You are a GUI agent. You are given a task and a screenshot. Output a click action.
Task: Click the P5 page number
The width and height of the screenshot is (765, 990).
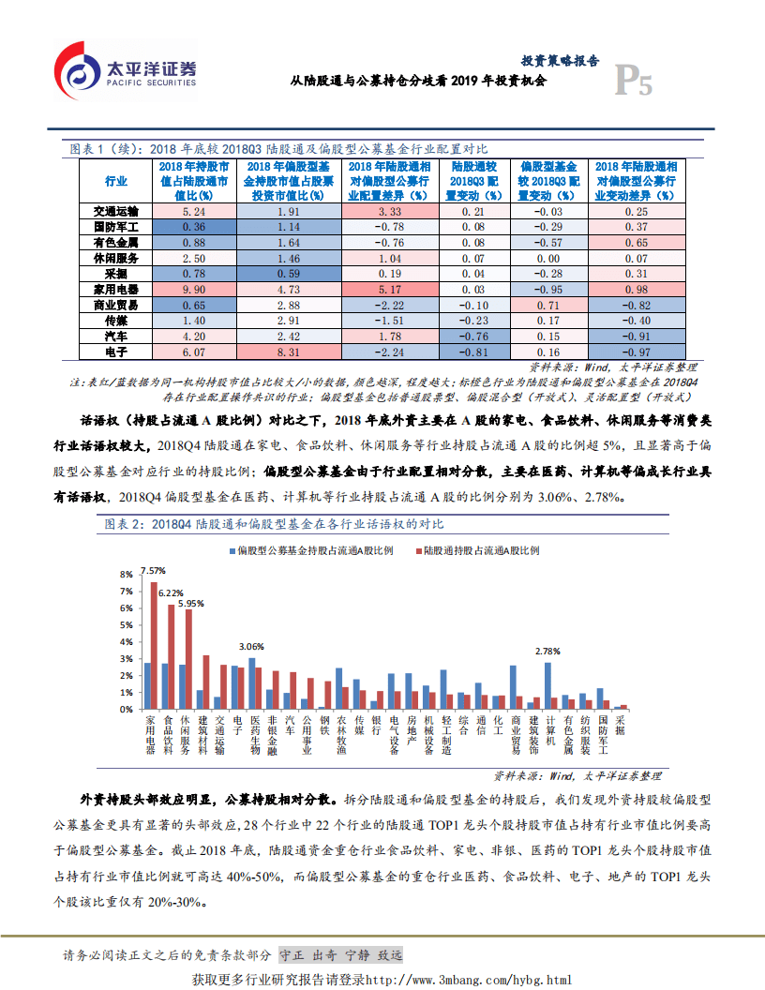[x=633, y=82]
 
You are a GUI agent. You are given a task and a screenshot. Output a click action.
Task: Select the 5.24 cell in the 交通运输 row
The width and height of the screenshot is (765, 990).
[x=194, y=212]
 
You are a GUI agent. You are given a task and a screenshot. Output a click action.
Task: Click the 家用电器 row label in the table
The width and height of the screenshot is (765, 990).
[x=116, y=291]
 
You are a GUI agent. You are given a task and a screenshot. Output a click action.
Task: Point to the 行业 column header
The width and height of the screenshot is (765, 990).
[x=116, y=180]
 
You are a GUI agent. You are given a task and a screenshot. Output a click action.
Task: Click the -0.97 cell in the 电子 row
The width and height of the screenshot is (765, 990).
[x=636, y=352]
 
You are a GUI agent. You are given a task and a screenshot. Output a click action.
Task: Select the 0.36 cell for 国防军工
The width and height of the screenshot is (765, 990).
[x=194, y=228]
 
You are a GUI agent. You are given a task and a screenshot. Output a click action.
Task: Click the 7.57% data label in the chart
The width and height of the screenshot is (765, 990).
[x=153, y=570]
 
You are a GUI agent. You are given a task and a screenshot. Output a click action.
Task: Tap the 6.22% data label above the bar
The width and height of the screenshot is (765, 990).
[x=171, y=592]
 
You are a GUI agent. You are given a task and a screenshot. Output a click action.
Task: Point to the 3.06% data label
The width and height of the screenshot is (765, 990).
[x=251, y=646]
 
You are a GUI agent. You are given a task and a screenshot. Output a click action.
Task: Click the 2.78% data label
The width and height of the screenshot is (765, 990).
[x=547, y=651]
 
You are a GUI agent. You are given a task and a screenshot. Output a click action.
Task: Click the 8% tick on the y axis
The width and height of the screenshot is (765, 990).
[x=124, y=574]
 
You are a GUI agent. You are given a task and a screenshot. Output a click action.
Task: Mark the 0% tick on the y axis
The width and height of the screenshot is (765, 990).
[x=124, y=710]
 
